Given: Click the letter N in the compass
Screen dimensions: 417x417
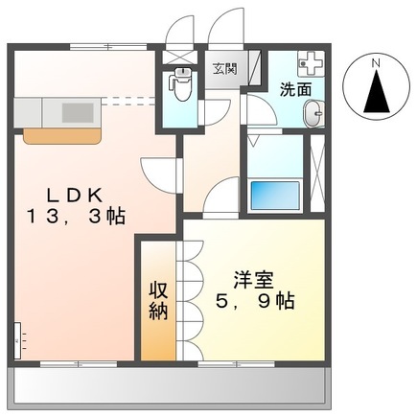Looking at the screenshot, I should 377,64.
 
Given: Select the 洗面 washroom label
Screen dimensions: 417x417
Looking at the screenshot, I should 294,89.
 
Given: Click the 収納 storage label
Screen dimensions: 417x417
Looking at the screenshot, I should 158,299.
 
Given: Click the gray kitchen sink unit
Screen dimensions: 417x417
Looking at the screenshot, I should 61,110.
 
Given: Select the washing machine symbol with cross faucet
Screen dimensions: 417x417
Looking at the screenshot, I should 310,64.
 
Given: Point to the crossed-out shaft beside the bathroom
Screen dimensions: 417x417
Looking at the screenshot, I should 317,176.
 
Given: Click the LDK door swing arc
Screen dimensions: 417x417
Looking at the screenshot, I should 153,173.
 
